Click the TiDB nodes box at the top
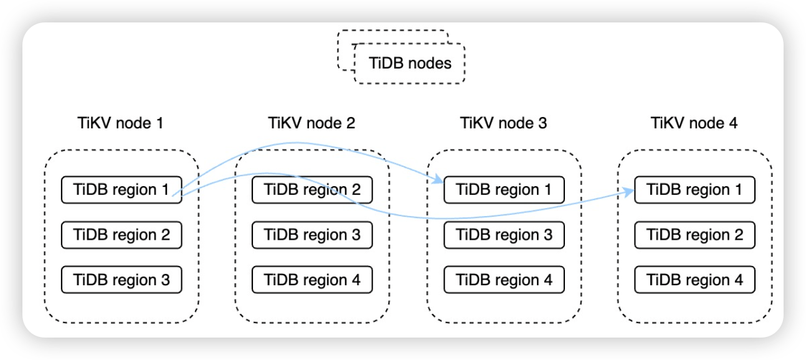click(410, 63)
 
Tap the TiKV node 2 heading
click(312, 123)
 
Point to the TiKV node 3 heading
click(503, 123)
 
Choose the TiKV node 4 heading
click(695, 123)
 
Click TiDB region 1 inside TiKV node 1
click(121, 189)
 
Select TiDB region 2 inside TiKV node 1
click(121, 235)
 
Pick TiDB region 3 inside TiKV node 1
click(121, 280)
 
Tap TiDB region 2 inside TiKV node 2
click(312, 189)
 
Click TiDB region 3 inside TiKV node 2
click(312, 235)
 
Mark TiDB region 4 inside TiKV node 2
click(312, 280)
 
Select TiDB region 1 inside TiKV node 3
click(504, 189)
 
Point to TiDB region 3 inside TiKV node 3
click(504, 235)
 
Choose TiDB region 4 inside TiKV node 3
click(504, 280)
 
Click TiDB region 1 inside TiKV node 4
click(695, 189)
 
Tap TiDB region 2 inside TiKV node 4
click(695, 235)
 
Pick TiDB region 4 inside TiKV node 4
click(695, 280)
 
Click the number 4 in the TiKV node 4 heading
click(733, 123)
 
